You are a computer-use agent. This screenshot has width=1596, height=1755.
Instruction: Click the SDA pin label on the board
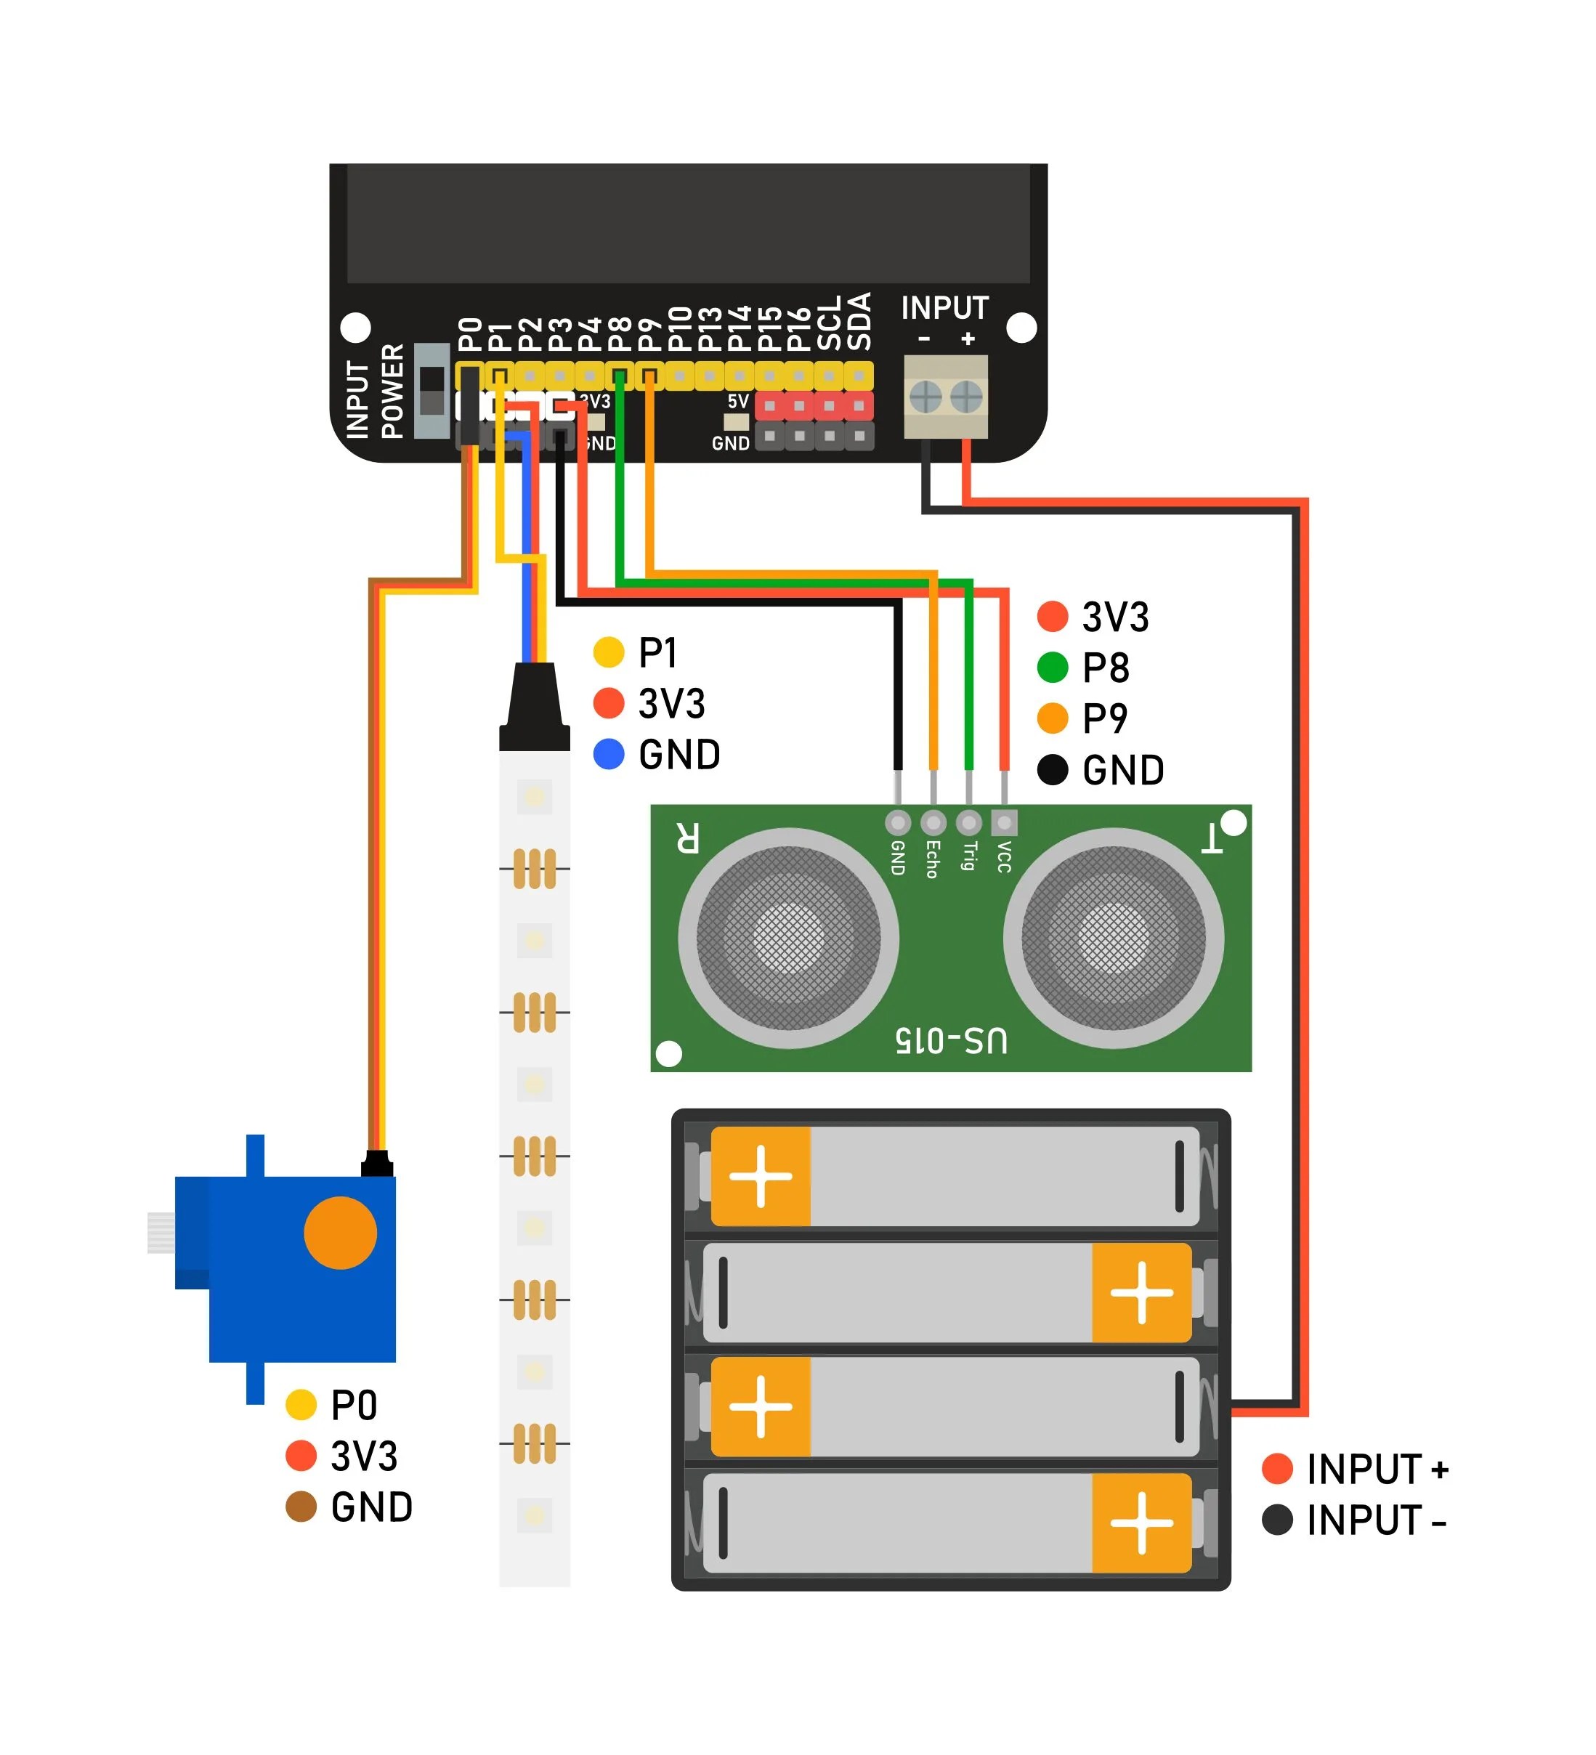(x=859, y=321)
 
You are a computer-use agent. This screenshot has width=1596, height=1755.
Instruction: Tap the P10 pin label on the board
(x=680, y=328)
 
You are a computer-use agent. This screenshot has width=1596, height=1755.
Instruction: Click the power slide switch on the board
(x=432, y=391)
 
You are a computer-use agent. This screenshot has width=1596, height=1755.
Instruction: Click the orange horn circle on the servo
(x=341, y=1233)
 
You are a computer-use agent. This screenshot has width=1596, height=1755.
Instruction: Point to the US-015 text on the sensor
(x=951, y=1039)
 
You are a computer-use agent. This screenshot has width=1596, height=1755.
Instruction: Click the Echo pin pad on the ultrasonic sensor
(x=933, y=822)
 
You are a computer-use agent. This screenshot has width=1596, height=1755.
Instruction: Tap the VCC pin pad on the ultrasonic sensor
(x=1004, y=822)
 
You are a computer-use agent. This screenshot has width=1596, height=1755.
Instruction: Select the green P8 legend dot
(x=1053, y=668)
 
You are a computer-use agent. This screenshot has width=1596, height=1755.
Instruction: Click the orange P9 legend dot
(x=1053, y=718)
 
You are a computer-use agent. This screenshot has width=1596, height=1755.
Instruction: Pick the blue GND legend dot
(x=609, y=754)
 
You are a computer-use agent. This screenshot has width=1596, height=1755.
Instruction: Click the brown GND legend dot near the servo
(x=301, y=1507)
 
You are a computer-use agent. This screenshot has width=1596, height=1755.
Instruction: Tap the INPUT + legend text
(x=1377, y=1470)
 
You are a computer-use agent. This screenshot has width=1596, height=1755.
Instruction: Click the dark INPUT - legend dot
(x=1277, y=1520)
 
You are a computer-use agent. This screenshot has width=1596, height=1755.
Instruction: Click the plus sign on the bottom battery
(x=1141, y=1523)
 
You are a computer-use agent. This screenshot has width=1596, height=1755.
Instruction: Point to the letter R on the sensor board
(x=687, y=837)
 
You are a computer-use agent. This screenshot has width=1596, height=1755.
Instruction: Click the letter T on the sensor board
(x=1211, y=838)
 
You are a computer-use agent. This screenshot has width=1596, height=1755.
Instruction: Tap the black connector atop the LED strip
(x=535, y=707)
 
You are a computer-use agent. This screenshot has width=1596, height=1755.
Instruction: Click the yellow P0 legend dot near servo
(x=301, y=1404)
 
